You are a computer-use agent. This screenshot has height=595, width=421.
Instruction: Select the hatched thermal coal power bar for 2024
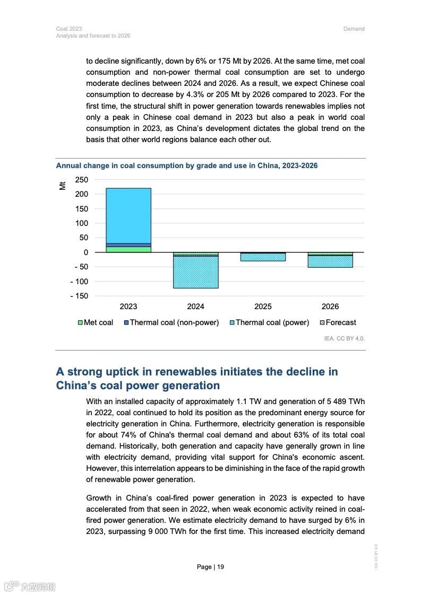(195, 272)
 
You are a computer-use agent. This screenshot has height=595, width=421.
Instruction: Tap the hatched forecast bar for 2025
(263, 257)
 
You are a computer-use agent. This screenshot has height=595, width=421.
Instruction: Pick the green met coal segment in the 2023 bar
(128, 249)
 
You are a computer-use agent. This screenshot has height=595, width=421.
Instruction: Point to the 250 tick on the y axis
(81, 180)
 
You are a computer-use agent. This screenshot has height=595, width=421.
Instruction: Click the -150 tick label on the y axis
(79, 296)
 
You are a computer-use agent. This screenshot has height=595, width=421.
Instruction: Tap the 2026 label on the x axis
(330, 307)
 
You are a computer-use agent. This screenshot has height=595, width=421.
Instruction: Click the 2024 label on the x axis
(195, 307)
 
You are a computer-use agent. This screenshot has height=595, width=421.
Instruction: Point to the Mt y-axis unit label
(63, 185)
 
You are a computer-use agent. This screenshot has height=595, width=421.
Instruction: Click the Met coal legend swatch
(81, 322)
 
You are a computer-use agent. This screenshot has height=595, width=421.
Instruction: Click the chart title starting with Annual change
(187, 165)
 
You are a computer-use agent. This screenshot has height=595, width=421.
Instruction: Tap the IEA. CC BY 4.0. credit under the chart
(345, 338)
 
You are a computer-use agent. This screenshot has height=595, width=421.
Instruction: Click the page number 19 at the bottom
(220, 567)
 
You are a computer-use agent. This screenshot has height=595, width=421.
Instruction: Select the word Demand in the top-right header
(354, 29)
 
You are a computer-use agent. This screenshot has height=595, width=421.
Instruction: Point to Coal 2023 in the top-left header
(69, 29)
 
